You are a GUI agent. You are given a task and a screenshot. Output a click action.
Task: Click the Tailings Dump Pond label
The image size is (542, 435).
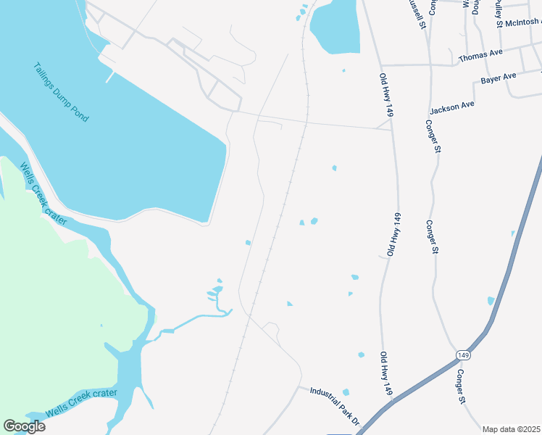coord(61,92)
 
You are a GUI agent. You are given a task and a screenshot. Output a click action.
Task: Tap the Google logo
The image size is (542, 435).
coord(24,426)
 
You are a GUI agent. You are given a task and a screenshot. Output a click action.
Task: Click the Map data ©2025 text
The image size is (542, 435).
coord(511,429)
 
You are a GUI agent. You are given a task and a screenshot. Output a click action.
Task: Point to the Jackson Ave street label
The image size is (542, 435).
coord(451,107)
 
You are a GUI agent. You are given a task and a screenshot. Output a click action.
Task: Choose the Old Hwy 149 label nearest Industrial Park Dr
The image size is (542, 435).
coord(386,374)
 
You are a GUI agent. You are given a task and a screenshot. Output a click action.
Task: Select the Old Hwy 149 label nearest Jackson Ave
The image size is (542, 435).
coord(385,95)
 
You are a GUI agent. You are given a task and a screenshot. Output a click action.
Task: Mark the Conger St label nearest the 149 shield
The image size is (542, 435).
coord(460,385)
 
